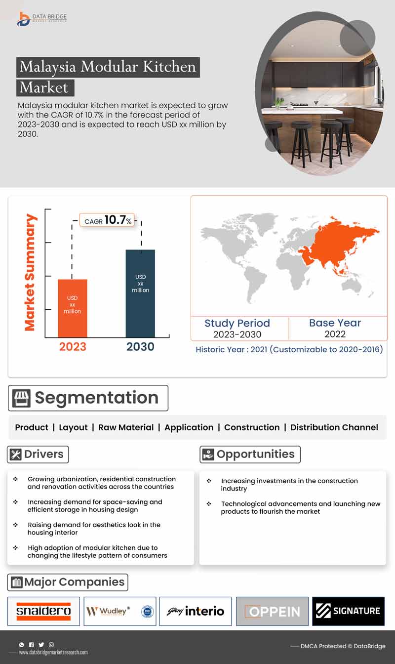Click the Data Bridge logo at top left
coord(41,19)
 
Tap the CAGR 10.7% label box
coord(107,220)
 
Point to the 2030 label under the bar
coord(140,347)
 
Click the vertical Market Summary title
coord(31,272)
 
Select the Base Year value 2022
coord(335,334)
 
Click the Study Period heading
coord(237,323)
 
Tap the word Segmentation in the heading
coord(96,398)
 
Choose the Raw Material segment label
coord(126,427)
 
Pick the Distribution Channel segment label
coord(334,427)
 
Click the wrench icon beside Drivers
coord(16,455)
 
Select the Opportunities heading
coord(255,455)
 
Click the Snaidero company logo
coord(43,611)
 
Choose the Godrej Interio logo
coord(196,611)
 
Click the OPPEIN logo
coord(272,612)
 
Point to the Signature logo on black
coord(349,611)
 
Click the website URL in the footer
coord(53,652)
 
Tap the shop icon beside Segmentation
coord(21,398)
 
